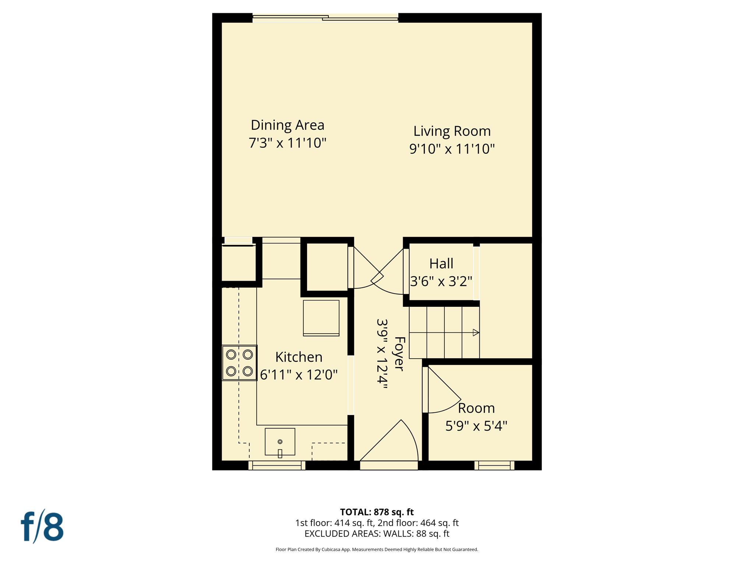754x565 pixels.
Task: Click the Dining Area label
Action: pyautogui.click(x=287, y=125)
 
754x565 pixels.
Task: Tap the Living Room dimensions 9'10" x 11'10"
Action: pyautogui.click(x=452, y=149)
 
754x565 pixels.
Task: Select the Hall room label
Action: pyautogui.click(x=441, y=264)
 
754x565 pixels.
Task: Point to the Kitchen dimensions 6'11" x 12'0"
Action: pyautogui.click(x=299, y=375)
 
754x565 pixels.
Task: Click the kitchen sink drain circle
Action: pyautogui.click(x=280, y=441)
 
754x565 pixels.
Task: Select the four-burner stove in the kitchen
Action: pyautogui.click(x=239, y=363)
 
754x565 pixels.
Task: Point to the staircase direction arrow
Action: pyautogui.click(x=475, y=333)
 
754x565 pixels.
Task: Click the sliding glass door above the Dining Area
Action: pyautogui.click(x=325, y=18)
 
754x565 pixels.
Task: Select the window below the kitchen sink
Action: pyautogui.click(x=277, y=466)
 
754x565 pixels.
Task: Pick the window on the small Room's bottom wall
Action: pyautogui.click(x=494, y=466)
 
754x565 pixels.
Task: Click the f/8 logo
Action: pyautogui.click(x=42, y=527)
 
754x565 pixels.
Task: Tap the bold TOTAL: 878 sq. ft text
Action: pyautogui.click(x=377, y=512)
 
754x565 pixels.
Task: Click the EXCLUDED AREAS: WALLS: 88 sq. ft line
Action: pyautogui.click(x=377, y=534)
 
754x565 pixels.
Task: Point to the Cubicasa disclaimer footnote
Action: pyautogui.click(x=377, y=550)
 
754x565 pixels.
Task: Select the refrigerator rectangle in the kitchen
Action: pyautogui.click(x=321, y=318)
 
